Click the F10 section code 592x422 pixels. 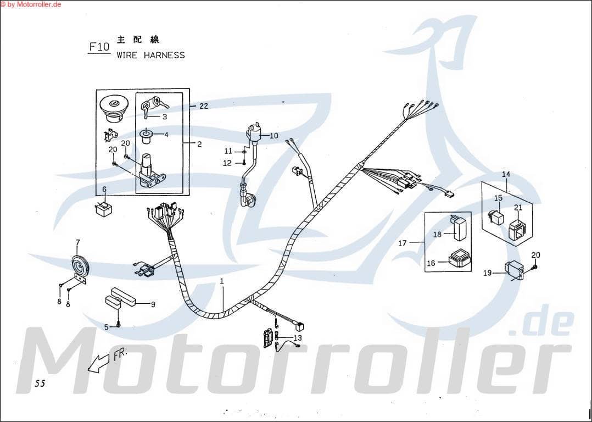tap(99, 47)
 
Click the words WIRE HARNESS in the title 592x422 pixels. tap(150, 55)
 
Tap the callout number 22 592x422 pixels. tap(203, 106)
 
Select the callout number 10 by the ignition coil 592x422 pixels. tap(273, 135)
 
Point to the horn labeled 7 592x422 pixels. tap(81, 268)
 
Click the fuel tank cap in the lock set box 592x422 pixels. tap(114, 108)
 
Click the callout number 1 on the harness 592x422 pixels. tap(222, 281)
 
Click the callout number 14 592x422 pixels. tap(506, 174)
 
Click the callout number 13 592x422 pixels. tap(297, 337)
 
